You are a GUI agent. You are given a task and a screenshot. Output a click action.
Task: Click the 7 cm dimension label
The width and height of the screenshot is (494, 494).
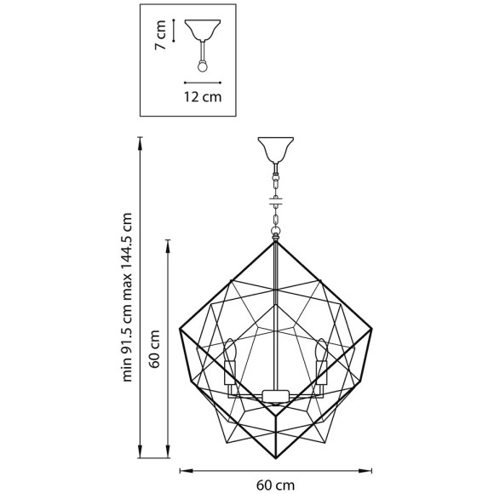pos(160,35)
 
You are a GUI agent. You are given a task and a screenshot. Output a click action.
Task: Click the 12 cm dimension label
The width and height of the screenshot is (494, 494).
pos(203,97)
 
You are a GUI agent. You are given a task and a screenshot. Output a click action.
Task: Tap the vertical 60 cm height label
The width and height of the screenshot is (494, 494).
pos(155,349)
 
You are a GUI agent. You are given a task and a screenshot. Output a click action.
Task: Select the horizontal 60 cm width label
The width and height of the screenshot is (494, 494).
pos(275,485)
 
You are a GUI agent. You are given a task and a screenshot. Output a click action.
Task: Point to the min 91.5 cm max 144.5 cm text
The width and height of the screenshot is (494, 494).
pos(127,297)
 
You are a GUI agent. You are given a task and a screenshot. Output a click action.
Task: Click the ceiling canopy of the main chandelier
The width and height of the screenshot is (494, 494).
pos(276,150)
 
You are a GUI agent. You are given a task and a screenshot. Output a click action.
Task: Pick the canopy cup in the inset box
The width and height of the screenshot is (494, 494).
pos(203,31)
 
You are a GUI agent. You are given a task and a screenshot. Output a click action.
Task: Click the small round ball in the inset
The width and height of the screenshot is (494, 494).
pos(202,66)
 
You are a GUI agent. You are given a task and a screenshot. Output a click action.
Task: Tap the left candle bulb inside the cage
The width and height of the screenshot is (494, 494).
pos(230,350)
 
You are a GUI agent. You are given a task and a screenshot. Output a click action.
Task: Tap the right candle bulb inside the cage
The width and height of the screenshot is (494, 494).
pos(322,350)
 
